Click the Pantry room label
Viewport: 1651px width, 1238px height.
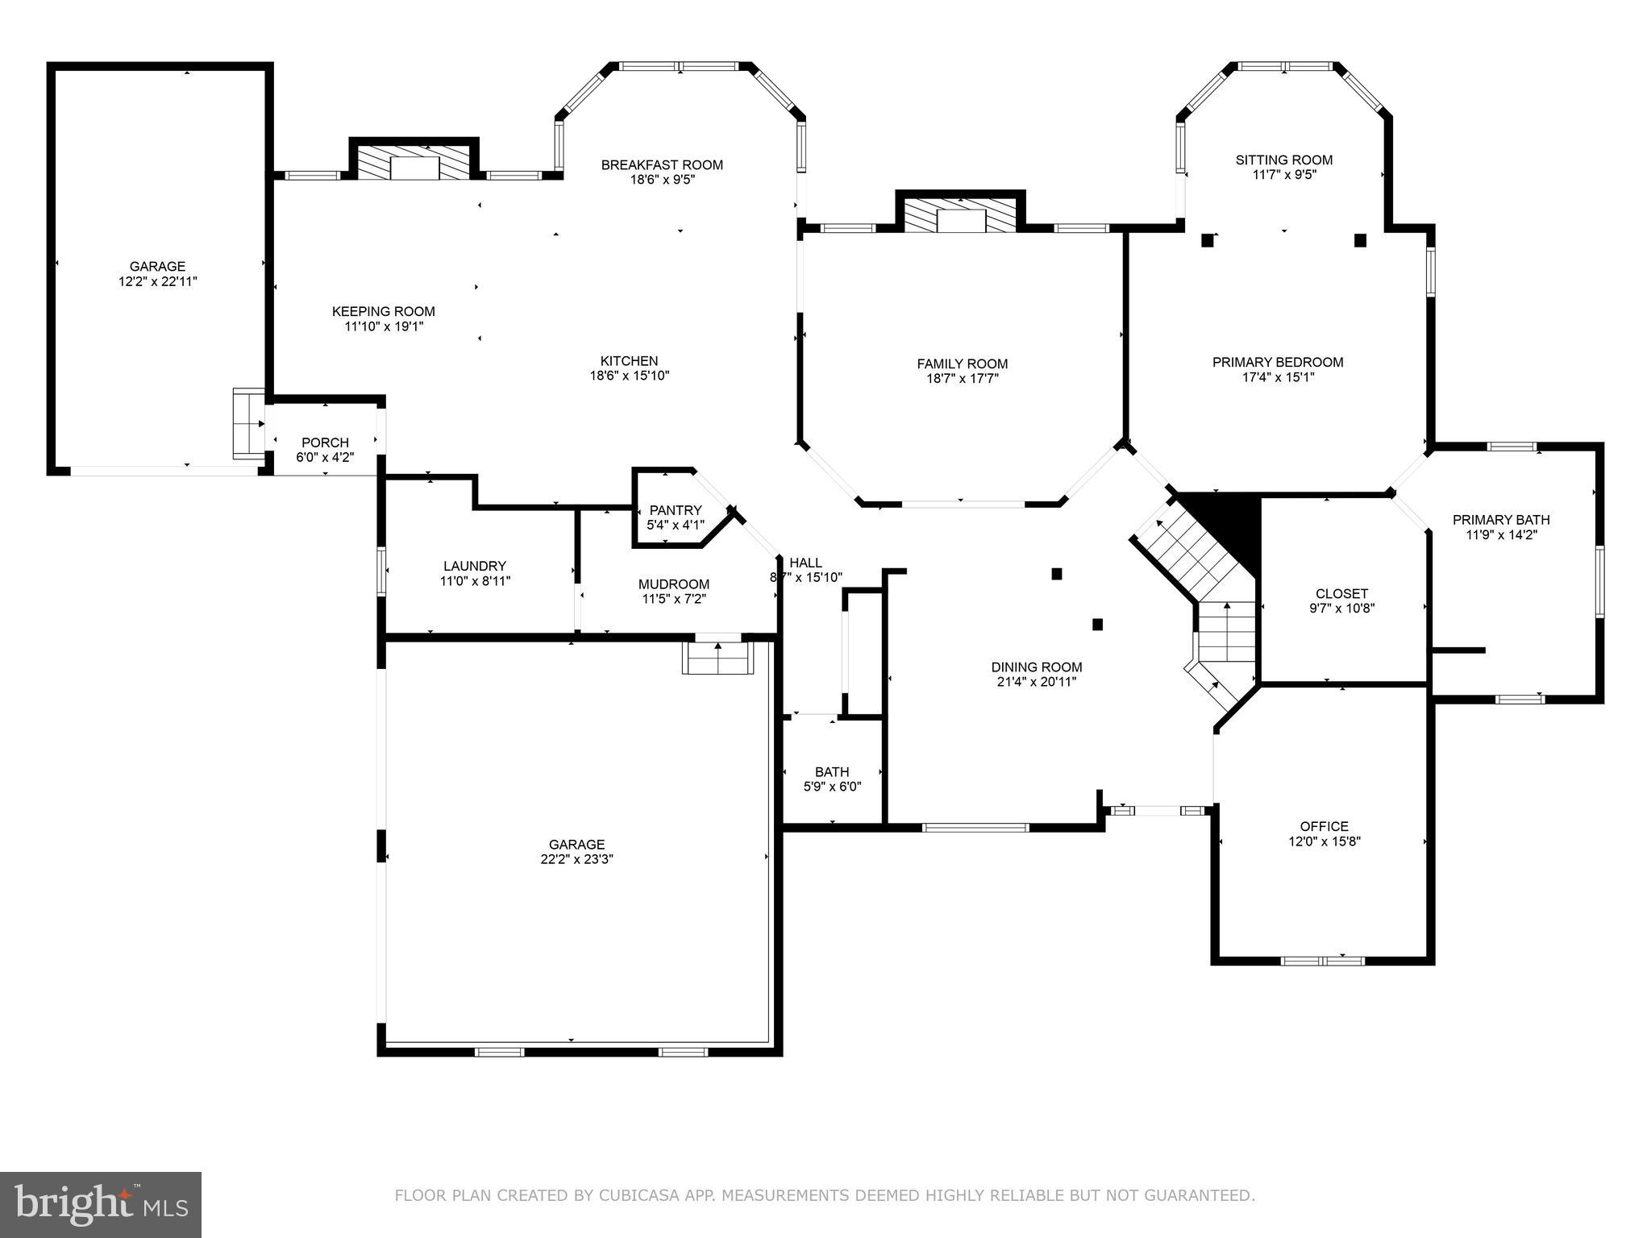coord(676,510)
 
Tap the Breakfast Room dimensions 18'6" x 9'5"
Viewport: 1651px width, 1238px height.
coord(662,180)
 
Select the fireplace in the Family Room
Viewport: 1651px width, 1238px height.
coord(961,215)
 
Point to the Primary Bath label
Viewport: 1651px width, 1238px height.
coord(1501,520)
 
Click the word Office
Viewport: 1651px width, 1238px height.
coord(1324,826)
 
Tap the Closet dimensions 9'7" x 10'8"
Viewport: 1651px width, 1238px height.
coord(1341,609)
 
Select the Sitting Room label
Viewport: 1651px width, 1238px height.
coord(1283,160)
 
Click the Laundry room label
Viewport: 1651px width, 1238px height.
coord(475,566)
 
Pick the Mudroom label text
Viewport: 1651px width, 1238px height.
coord(674,584)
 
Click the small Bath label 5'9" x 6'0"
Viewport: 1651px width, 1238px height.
coord(832,787)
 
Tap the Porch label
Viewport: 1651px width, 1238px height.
coord(325,442)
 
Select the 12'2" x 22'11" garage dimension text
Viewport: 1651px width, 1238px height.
coord(157,281)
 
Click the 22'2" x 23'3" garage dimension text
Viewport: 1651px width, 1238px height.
coord(576,859)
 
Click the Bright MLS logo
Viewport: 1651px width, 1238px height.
coord(100,1205)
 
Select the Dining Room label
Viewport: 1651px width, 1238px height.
coord(1036,667)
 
